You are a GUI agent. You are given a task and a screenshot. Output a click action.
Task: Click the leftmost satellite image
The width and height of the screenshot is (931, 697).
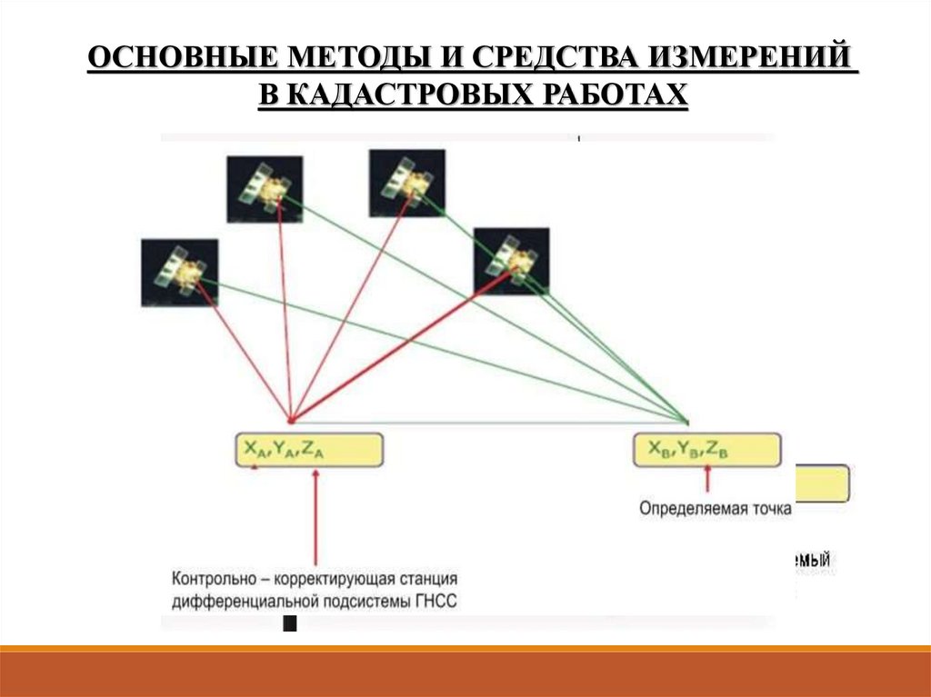pyautogui.click(x=180, y=272)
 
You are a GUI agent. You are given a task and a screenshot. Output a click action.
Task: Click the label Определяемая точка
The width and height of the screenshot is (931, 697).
pyautogui.click(x=715, y=509)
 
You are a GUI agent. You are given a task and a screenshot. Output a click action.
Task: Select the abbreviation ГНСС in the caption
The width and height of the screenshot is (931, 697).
pyautogui.click(x=437, y=601)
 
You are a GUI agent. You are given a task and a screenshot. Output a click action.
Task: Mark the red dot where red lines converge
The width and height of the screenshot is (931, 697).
pyautogui.click(x=290, y=421)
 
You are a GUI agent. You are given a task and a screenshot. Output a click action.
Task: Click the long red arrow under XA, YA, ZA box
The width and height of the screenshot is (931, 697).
pyautogui.click(x=315, y=518)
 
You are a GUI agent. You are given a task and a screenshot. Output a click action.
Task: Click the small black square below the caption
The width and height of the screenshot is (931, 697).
pyautogui.click(x=290, y=623)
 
